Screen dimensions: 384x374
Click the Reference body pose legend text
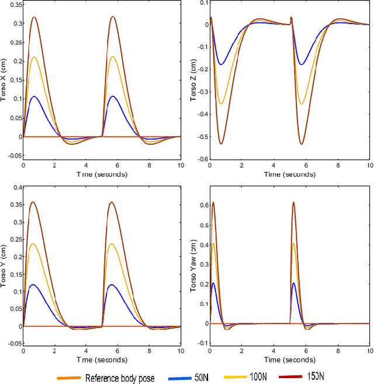(x=120, y=378)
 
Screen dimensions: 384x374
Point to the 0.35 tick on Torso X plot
(x=13, y=4)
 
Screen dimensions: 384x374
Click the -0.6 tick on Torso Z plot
(x=200, y=159)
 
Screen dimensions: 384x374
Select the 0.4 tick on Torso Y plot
(x=15, y=187)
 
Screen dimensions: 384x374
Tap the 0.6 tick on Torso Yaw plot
(x=202, y=205)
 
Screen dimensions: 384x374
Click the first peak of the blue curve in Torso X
(x=34, y=96)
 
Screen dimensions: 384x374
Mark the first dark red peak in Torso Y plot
(x=33, y=202)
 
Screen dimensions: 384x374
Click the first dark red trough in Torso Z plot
(x=221, y=144)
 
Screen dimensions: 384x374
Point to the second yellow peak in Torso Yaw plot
(x=293, y=243)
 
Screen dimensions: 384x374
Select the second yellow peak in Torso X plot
(x=113, y=57)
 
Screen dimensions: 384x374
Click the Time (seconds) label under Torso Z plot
(x=289, y=174)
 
